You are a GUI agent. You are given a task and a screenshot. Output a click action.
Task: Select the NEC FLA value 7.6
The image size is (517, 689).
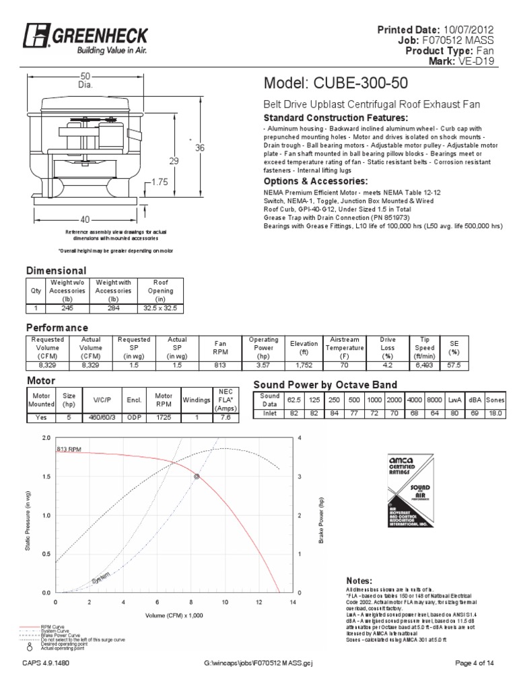click(226, 416)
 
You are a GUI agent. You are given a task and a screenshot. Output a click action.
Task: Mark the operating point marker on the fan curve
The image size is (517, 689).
click(197, 476)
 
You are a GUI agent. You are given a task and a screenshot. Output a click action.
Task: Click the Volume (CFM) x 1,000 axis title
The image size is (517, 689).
click(174, 615)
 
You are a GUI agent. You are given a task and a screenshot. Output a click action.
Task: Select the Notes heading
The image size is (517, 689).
click(359, 580)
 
